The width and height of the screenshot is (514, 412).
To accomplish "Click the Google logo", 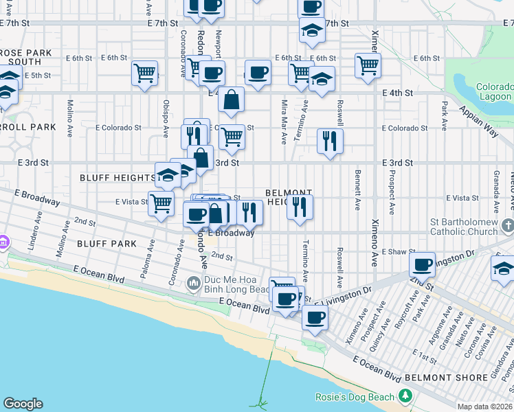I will (23, 404).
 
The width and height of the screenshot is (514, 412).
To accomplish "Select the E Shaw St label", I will (394, 252).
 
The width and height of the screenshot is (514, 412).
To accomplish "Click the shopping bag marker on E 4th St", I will (232, 100).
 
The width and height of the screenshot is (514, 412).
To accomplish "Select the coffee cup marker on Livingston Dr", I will (422, 264).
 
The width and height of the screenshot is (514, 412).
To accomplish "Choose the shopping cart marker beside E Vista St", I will (161, 203).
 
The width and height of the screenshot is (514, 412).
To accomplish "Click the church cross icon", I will (507, 225).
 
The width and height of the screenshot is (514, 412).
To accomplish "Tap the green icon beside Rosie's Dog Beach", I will (405, 396).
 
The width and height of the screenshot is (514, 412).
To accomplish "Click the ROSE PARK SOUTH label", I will (21, 57).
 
